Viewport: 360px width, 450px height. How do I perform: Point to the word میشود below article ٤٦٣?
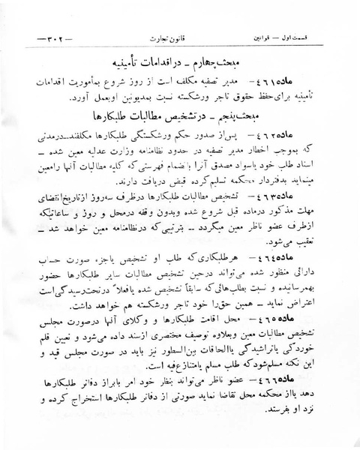click(x=301, y=240)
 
